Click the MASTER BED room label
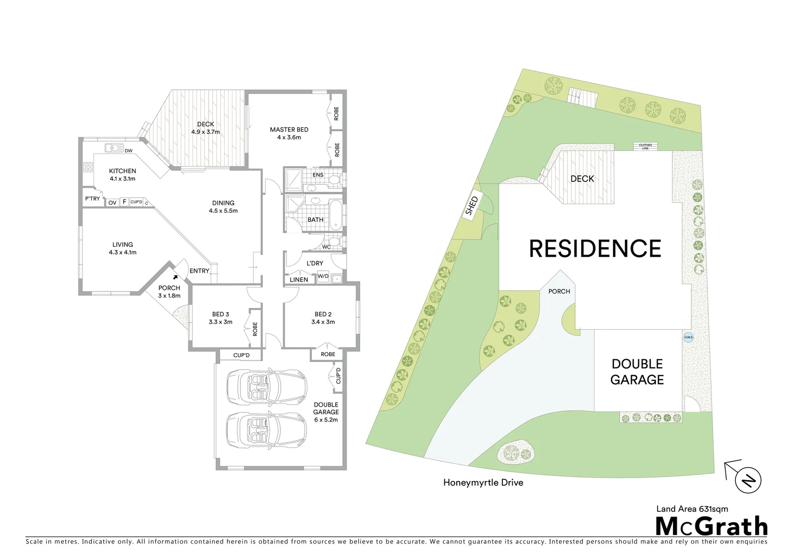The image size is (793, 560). [289, 130]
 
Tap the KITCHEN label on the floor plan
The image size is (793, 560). [122, 171]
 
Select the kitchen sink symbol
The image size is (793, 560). [114, 148]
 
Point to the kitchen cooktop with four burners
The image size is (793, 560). [88, 167]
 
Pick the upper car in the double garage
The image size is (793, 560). [266, 385]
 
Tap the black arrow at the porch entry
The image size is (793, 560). [175, 277]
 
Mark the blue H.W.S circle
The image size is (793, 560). [688, 338]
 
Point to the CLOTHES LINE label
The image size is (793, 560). [645, 147]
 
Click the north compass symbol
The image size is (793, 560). [748, 480]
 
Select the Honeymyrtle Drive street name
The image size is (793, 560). [483, 483]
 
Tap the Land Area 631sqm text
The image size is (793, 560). [692, 509]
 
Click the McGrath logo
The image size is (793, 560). [711, 526]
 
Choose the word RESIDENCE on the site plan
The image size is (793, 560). [595, 249]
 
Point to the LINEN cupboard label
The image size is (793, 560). [299, 280]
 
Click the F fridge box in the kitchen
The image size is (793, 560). [124, 202]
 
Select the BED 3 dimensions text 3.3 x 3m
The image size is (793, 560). [221, 322]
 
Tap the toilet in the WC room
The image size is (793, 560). [334, 242]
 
